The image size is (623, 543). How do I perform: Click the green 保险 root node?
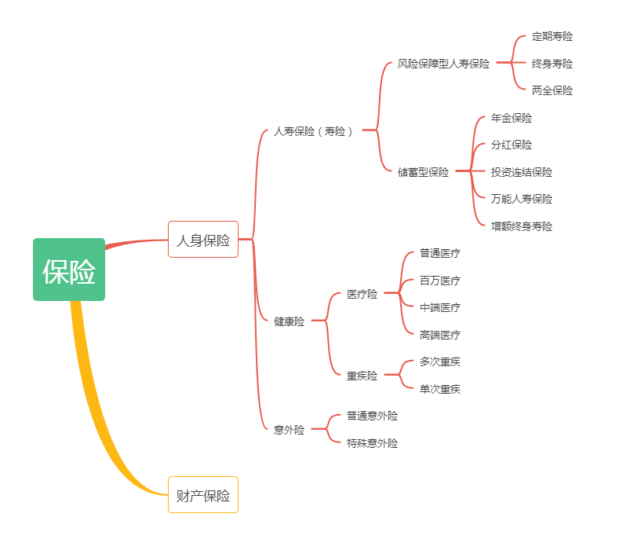click(x=69, y=270)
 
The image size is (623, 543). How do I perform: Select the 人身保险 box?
click(x=203, y=240)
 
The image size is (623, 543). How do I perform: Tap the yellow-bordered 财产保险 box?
click(x=203, y=495)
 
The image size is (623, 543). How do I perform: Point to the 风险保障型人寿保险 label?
click(x=443, y=64)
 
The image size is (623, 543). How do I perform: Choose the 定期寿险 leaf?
click(x=552, y=36)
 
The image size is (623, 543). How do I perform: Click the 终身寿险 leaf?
click(x=552, y=64)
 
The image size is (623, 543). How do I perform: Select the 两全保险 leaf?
click(x=552, y=90)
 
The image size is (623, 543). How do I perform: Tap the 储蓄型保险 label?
click(x=424, y=172)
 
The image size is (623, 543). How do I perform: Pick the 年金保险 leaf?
click(x=512, y=118)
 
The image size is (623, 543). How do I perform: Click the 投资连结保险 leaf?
click(x=522, y=172)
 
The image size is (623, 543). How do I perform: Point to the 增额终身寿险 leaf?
click(x=522, y=226)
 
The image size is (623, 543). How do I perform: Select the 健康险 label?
click(x=289, y=321)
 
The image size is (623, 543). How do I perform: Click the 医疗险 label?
click(x=363, y=294)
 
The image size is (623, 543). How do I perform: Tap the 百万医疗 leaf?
click(x=440, y=281)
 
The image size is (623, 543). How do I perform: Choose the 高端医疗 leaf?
click(x=440, y=335)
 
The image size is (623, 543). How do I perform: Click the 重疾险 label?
click(x=363, y=376)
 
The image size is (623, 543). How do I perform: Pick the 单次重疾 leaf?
click(x=440, y=389)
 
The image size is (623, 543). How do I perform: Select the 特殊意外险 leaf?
click(x=373, y=443)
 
